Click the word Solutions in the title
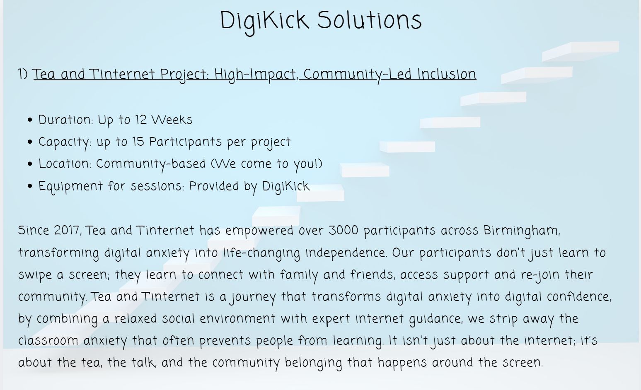(370, 20)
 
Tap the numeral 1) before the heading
(23, 74)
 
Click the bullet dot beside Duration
(30, 120)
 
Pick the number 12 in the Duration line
(140, 120)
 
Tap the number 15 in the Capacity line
(138, 142)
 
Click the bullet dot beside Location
(30, 164)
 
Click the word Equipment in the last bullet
(70, 187)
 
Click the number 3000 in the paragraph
(343, 231)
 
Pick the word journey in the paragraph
(253, 298)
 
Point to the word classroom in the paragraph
(48, 341)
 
